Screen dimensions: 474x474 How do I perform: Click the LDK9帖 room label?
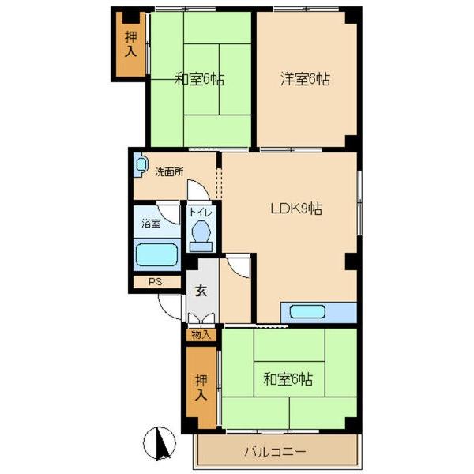[296, 209]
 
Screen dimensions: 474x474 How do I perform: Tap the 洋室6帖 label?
[305, 79]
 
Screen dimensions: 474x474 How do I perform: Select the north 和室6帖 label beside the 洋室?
[200, 79]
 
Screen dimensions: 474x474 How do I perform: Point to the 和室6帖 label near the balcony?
[288, 379]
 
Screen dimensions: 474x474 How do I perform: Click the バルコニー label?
[275, 452]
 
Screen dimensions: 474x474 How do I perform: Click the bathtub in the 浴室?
[156, 255]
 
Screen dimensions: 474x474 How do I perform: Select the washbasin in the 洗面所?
[141, 165]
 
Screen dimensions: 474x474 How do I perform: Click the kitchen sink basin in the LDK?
[307, 312]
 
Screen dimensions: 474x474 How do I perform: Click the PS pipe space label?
[156, 282]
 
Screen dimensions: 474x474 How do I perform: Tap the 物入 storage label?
[201, 335]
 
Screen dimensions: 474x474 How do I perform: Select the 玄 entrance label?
[201, 291]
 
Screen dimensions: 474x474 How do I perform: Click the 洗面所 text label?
[169, 172]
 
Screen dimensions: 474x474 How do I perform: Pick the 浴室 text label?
[151, 224]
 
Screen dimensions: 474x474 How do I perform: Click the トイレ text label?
[201, 213]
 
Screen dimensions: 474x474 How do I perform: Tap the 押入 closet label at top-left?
[131, 43]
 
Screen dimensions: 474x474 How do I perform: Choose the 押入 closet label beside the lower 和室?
[201, 388]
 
